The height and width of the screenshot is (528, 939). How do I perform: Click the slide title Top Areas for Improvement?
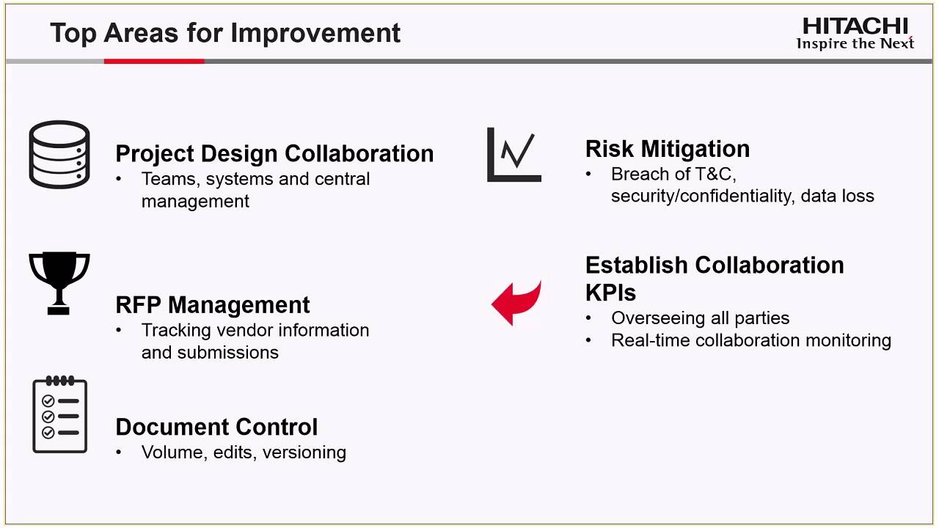[225, 33]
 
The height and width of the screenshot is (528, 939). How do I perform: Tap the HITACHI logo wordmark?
[855, 26]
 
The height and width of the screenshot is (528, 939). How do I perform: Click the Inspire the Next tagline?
[855, 44]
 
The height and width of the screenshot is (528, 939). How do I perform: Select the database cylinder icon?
[59, 154]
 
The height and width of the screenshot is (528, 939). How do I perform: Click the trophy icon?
[59, 283]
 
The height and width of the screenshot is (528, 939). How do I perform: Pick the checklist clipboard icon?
[60, 414]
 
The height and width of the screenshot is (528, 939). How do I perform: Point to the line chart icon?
[514, 155]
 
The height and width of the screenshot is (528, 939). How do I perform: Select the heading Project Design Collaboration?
[274, 154]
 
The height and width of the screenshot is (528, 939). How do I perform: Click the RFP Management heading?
[213, 305]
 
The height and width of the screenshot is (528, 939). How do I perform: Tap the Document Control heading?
[216, 427]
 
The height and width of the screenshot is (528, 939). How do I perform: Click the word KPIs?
[610, 293]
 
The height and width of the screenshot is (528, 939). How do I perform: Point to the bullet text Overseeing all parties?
[700, 318]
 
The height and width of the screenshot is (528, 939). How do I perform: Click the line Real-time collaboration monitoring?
[750, 340]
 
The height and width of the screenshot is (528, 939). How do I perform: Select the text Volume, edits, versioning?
[244, 452]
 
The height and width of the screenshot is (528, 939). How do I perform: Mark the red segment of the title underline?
[154, 62]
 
